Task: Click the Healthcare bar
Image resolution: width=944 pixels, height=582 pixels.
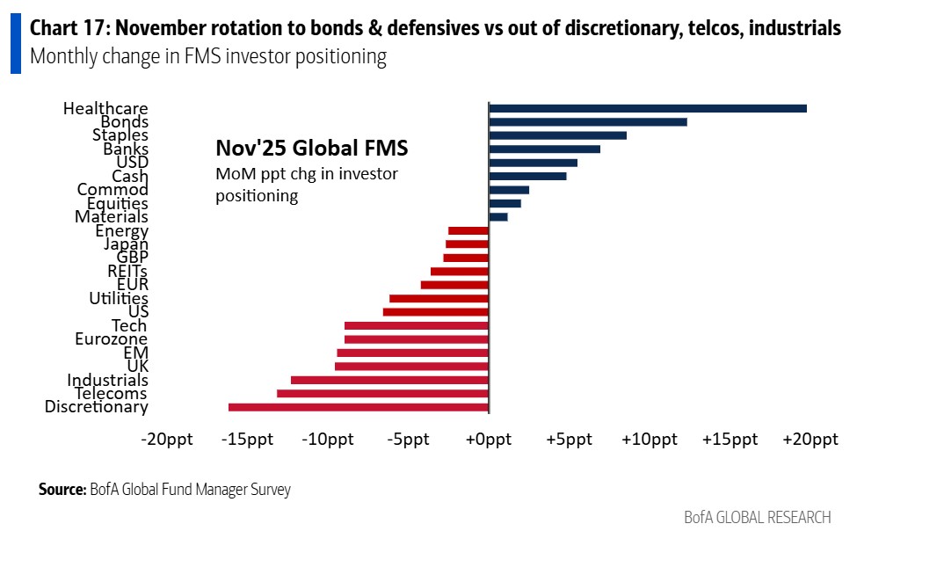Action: pyautogui.click(x=647, y=108)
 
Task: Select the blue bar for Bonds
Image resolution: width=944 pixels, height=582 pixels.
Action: pyautogui.click(x=587, y=122)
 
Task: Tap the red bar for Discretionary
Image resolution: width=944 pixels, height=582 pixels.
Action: pyautogui.click(x=358, y=407)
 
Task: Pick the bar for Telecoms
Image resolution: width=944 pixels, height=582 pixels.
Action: pyautogui.click(x=382, y=394)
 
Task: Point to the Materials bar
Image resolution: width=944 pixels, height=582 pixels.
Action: pyautogui.click(x=498, y=216)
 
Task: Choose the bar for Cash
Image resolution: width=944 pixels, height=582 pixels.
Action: pyautogui.click(x=527, y=176)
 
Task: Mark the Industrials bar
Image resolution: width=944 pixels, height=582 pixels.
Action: pyautogui.click(x=389, y=380)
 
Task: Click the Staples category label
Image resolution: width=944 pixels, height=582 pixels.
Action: pyautogui.click(x=120, y=135)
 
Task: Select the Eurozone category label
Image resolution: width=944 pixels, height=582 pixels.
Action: pyautogui.click(x=112, y=339)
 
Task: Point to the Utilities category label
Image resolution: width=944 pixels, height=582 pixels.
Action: pyautogui.click(x=119, y=299)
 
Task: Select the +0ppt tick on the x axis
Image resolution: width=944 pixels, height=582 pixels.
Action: pyautogui.click(x=488, y=440)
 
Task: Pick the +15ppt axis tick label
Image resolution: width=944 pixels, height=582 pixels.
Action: pyautogui.click(x=729, y=440)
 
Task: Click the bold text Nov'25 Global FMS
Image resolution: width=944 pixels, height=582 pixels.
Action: pyautogui.click(x=311, y=149)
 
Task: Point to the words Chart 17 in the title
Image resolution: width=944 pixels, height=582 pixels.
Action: pyautogui.click(x=65, y=29)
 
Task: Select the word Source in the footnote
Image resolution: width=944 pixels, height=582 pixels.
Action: pyautogui.click(x=62, y=490)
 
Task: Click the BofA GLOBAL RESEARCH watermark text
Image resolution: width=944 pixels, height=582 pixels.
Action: pyautogui.click(x=757, y=517)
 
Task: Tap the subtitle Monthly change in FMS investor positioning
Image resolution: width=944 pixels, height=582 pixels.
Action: pyautogui.click(x=208, y=58)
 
